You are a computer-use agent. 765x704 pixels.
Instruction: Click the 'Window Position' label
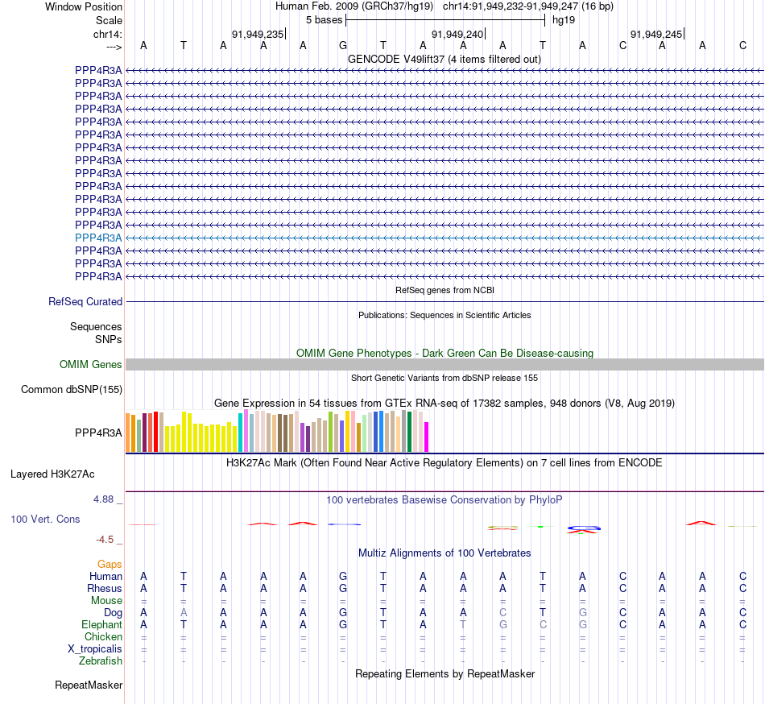coord(84,6)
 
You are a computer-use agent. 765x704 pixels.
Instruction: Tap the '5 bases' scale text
coord(324,19)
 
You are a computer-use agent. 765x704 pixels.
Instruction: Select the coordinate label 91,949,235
coord(258,34)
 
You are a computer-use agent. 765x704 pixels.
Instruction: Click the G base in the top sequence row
coord(343,46)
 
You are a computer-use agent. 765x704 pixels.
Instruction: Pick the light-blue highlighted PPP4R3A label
coord(98,238)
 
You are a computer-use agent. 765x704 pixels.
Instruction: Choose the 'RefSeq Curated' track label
coord(85,301)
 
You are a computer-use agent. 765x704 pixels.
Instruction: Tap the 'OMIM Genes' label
coord(91,364)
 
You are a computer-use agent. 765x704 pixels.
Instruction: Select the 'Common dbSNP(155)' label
coord(72,390)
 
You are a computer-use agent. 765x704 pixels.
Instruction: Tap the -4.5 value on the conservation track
coord(105,540)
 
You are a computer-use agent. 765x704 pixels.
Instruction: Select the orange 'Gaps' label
coord(110,564)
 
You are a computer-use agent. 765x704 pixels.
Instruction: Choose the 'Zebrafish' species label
coord(101,661)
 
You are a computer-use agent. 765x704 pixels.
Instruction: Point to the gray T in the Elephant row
coord(463,624)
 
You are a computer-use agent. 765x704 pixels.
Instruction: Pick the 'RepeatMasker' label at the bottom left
coord(89,685)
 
